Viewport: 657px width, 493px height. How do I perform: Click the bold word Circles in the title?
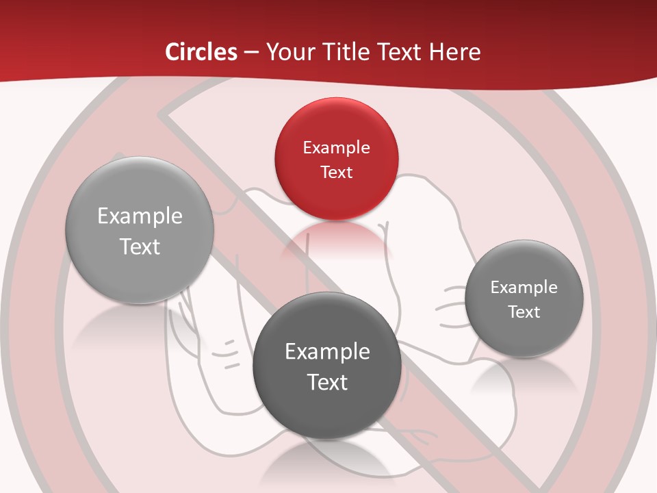tap(201, 52)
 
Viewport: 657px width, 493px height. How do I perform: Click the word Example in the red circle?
tap(336, 148)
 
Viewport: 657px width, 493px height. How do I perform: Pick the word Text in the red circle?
tap(336, 172)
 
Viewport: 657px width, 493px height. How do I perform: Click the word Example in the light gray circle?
tap(140, 216)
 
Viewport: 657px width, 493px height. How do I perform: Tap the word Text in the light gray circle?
tap(140, 246)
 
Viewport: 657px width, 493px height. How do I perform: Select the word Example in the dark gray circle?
tap(327, 352)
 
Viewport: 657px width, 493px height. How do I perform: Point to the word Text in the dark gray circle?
tap(327, 382)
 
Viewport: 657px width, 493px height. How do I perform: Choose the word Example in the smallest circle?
tap(524, 288)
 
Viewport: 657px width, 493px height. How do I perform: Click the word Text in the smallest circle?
tap(524, 312)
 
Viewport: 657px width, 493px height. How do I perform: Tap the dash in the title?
tap(251, 52)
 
